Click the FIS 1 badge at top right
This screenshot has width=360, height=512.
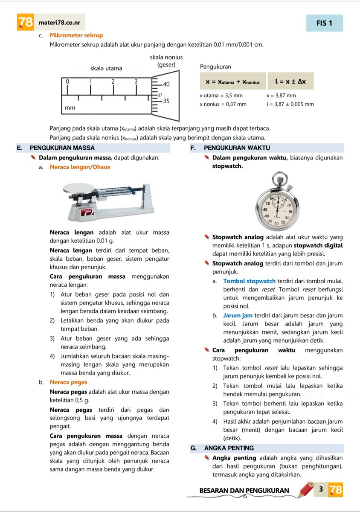point(324,23)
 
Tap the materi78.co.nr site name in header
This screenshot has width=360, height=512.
point(62,23)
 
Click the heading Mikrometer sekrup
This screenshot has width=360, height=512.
point(76,35)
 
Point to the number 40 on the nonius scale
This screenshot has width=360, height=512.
point(166,84)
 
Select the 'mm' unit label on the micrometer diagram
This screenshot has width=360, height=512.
point(70,108)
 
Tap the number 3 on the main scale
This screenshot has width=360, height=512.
point(136,81)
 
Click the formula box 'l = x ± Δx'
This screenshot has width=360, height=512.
point(290,81)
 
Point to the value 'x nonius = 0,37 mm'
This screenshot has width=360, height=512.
point(223,104)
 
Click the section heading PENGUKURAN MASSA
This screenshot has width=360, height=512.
point(62,148)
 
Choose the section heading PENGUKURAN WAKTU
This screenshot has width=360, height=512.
point(237,148)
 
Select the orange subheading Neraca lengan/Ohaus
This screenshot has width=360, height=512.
point(80,167)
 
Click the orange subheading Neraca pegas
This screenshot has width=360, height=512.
point(68,382)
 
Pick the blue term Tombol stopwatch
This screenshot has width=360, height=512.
point(250,281)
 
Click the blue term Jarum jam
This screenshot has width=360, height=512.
point(238,316)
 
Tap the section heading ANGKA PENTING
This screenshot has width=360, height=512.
point(229,448)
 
